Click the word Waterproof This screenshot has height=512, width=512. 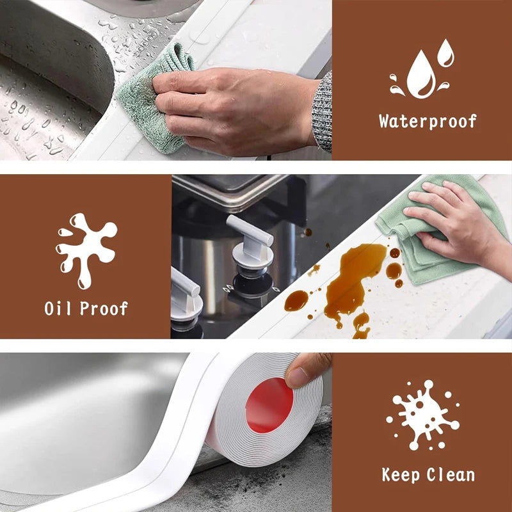(427, 121)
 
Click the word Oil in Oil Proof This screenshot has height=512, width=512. (59, 308)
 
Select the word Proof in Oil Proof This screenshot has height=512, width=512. (104, 308)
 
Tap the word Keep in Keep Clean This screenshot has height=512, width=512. (403, 474)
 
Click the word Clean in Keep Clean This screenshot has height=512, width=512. (451, 474)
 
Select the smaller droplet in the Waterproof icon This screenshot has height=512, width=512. (445, 52)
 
